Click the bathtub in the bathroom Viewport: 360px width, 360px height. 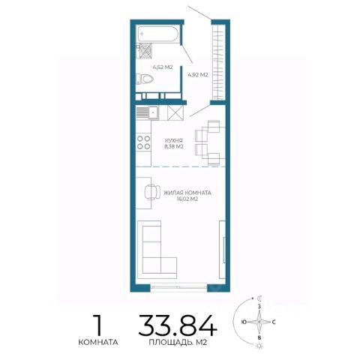(x=157, y=34)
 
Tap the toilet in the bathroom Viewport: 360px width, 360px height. (x=145, y=79)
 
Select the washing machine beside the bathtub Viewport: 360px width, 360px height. (x=145, y=51)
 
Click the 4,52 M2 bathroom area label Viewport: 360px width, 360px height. (x=163, y=67)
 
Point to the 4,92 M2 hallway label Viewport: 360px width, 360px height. (x=198, y=74)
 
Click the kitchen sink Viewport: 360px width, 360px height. (x=148, y=112)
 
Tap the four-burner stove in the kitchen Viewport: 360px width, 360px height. (x=144, y=142)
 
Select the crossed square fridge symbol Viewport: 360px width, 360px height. (x=175, y=112)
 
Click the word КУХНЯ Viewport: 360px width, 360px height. (x=173, y=140)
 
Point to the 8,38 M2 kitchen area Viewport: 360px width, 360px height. (x=174, y=146)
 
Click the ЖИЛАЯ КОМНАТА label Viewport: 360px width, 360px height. (x=187, y=193)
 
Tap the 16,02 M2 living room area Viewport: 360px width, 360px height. (x=187, y=199)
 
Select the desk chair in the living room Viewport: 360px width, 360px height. (x=152, y=192)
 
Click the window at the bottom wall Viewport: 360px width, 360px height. (x=178, y=286)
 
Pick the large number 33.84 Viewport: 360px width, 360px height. (x=178, y=325)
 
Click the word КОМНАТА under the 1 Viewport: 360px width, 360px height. (x=98, y=342)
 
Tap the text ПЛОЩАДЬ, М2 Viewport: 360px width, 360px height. (x=178, y=342)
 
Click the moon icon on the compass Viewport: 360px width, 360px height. (x=260, y=298)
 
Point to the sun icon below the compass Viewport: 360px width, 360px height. (x=259, y=346)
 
